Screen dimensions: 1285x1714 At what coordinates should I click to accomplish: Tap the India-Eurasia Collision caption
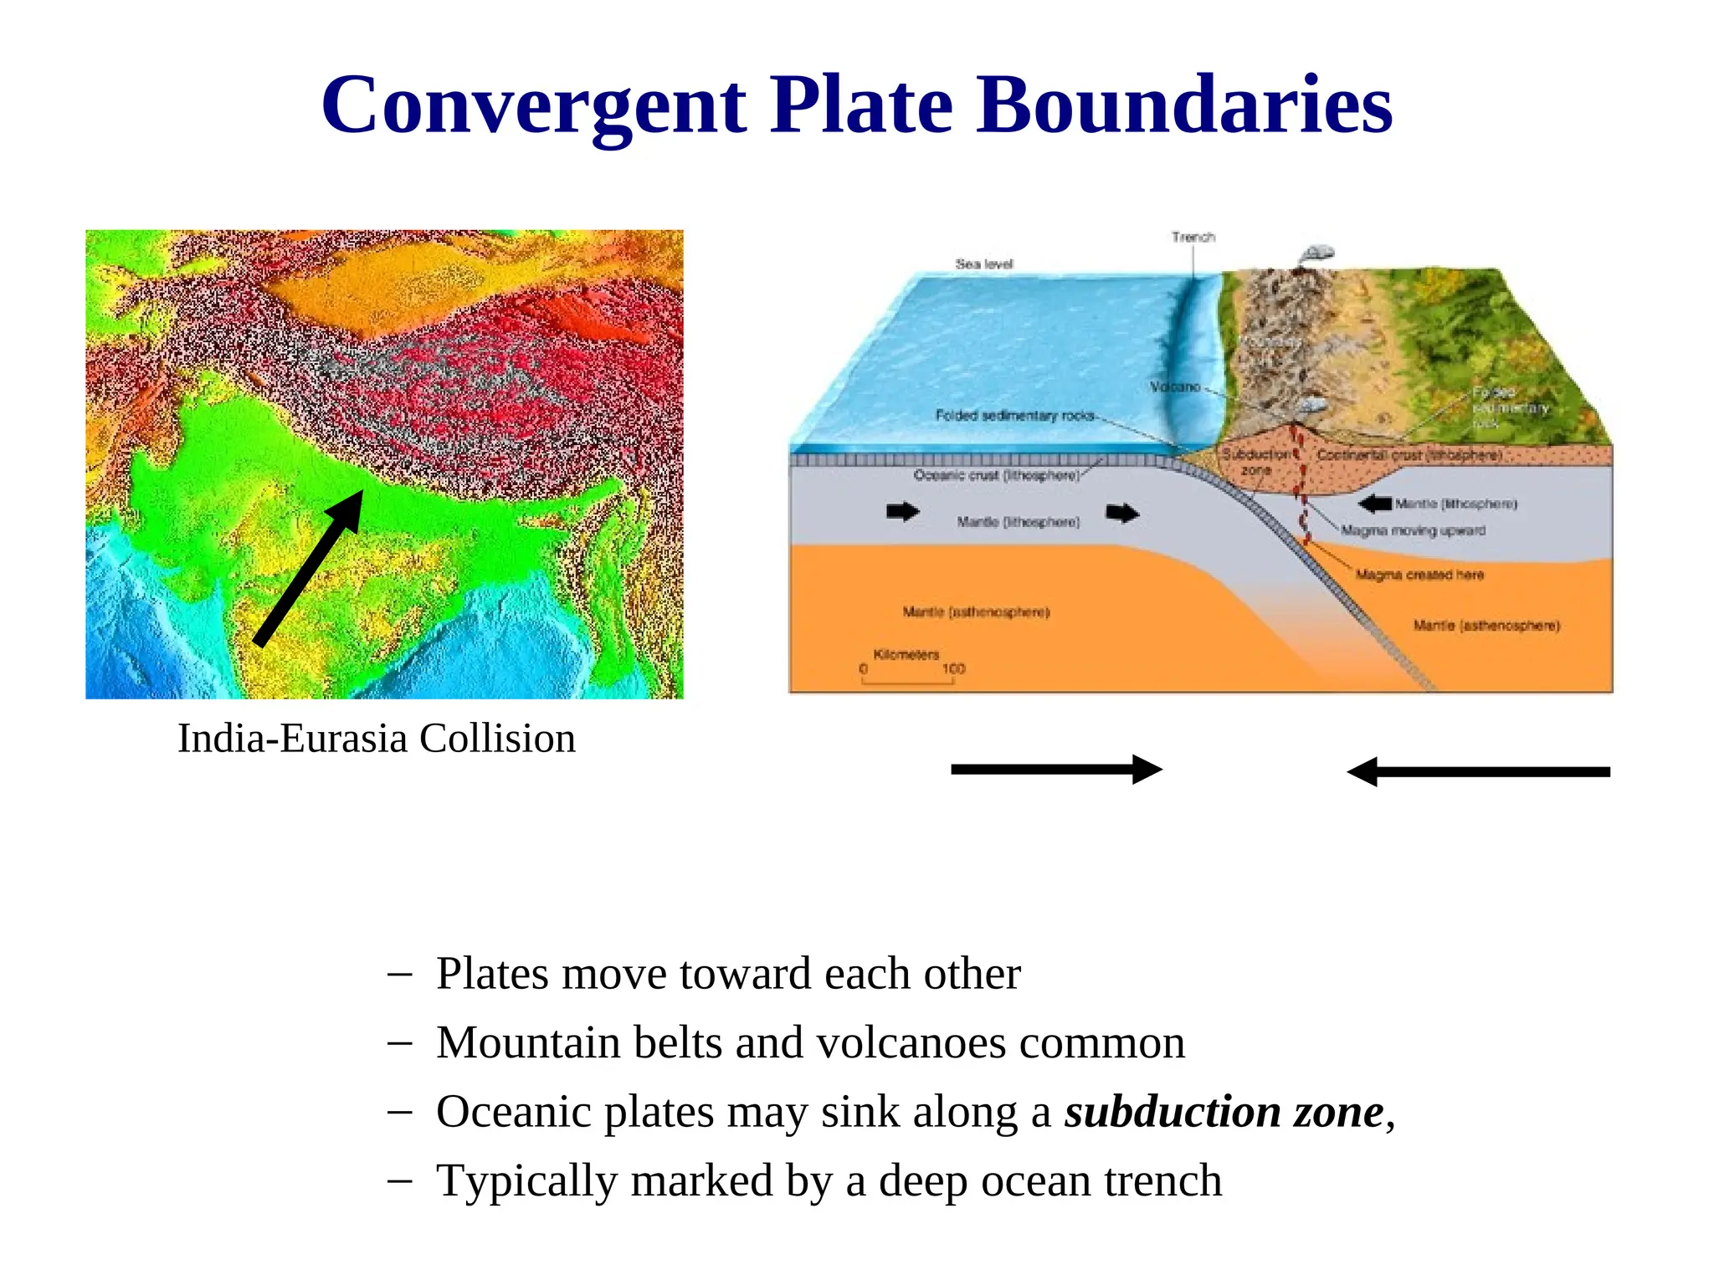point(377,739)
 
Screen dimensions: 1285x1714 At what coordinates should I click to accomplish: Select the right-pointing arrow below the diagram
point(1056,770)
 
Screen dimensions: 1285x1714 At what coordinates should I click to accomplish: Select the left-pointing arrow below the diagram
point(1478,772)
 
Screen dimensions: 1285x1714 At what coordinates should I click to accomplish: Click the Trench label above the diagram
point(1193,238)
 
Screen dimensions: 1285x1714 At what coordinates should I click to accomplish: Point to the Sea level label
point(984,264)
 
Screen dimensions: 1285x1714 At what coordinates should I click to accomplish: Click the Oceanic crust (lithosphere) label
point(996,475)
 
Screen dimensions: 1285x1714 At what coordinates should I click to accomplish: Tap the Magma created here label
point(1419,575)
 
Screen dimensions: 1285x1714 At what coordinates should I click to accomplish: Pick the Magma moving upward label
point(1413,530)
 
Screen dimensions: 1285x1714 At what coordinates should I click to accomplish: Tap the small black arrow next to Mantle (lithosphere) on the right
point(1375,504)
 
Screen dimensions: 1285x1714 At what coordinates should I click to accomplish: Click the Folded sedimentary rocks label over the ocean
point(1014,416)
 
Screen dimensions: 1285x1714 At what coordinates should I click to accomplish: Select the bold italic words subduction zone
point(1224,1112)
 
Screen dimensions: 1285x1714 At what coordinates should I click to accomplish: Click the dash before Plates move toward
point(400,974)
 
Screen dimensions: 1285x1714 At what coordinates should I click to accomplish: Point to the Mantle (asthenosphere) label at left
point(976,612)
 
